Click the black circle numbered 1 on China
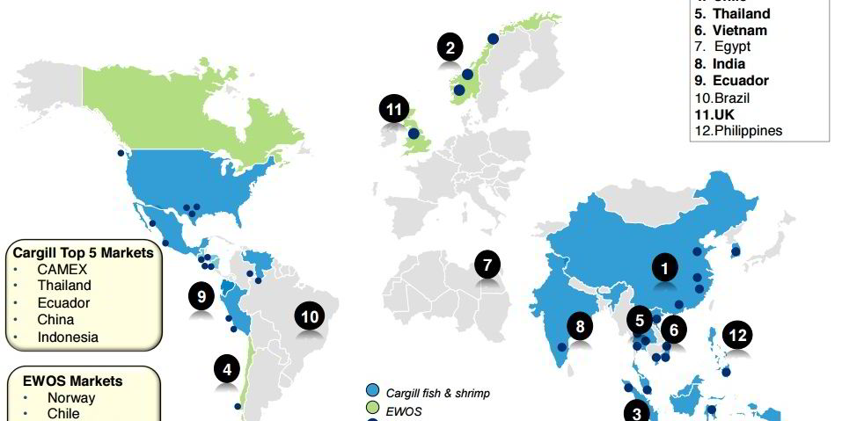(x=666, y=266)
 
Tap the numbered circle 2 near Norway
(x=450, y=47)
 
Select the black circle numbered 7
(x=487, y=264)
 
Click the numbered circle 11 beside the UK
(x=394, y=111)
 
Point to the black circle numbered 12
(x=737, y=334)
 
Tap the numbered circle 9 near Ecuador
(x=202, y=296)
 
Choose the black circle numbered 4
(x=228, y=369)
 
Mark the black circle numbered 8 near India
(x=579, y=327)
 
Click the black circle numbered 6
(x=674, y=330)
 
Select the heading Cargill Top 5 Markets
(x=84, y=253)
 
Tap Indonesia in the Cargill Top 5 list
(x=68, y=337)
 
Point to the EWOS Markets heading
(x=77, y=381)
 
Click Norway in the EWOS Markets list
(x=71, y=397)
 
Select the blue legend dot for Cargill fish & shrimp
(x=372, y=392)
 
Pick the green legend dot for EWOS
(x=372, y=408)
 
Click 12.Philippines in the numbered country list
(x=738, y=131)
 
